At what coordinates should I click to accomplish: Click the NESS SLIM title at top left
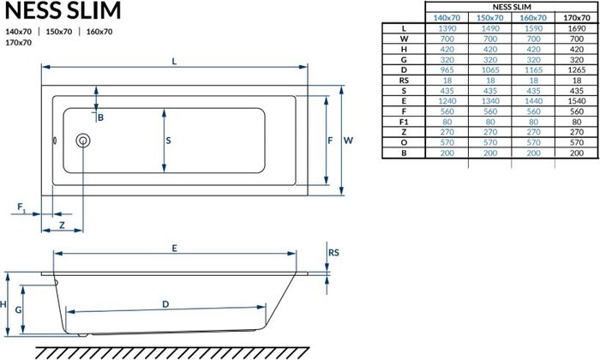pyautogui.click(x=63, y=10)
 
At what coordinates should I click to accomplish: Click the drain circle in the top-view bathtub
pyautogui.click(x=83, y=141)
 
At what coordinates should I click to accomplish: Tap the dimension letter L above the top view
pyautogui.click(x=175, y=59)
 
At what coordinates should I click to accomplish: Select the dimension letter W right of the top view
pyautogui.click(x=348, y=138)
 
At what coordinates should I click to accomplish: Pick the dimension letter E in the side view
pyautogui.click(x=173, y=248)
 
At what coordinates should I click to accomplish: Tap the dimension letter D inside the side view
pyautogui.click(x=165, y=304)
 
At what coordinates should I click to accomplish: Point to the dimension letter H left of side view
pyautogui.click(x=5, y=304)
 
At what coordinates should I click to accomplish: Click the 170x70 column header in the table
pyautogui.click(x=575, y=17)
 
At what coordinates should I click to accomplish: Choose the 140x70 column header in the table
pyautogui.click(x=446, y=17)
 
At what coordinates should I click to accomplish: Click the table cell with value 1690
pyautogui.click(x=575, y=28)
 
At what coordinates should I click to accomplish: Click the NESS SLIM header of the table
pyautogui.click(x=489, y=6)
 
